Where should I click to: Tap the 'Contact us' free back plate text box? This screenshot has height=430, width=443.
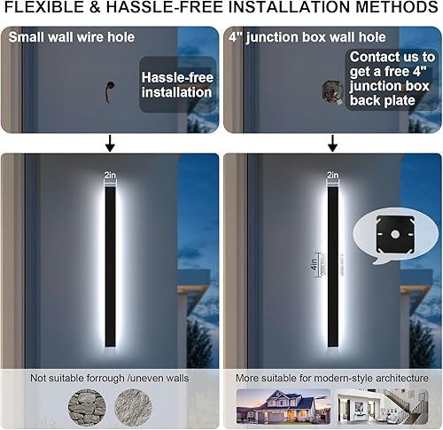(x=386, y=81)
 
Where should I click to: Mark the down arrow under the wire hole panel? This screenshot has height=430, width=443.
(x=110, y=143)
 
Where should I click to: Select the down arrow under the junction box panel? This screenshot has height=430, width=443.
(x=332, y=143)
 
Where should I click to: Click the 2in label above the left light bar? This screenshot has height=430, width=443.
(x=110, y=176)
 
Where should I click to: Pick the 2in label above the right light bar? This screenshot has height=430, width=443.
(x=332, y=176)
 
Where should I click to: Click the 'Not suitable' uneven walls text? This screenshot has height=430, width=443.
(x=110, y=379)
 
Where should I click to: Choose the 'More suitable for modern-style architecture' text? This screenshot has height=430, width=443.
(x=332, y=379)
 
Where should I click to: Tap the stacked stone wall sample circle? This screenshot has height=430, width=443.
(x=86, y=407)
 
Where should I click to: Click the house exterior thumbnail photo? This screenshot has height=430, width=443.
(x=272, y=408)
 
